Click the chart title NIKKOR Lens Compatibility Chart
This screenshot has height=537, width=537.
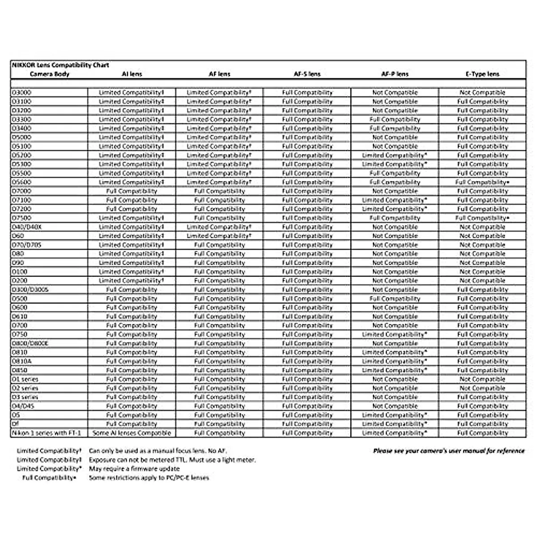[x=60, y=65]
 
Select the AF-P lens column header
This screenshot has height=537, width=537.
[x=395, y=74]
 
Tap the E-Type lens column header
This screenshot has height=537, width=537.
[x=482, y=74]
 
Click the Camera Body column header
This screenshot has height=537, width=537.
[x=49, y=74]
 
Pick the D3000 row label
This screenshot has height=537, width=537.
[x=22, y=93]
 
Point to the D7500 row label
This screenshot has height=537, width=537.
[x=22, y=218]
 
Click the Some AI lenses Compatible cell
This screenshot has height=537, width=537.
[x=132, y=433]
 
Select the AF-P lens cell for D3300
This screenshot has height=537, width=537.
[x=395, y=119]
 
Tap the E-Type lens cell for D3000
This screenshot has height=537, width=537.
[x=482, y=93]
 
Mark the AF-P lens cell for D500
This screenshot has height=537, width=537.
[x=395, y=298]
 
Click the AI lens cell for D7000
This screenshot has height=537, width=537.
[x=132, y=191]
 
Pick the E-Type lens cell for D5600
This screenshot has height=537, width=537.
[x=482, y=182]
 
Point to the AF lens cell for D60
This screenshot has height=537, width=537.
[x=219, y=236]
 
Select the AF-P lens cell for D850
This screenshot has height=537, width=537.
[x=395, y=370]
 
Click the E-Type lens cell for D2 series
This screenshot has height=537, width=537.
[x=482, y=388]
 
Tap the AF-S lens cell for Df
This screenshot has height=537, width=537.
[x=307, y=424]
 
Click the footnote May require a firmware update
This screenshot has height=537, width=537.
[x=134, y=469]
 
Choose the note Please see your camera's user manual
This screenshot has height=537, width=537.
[x=449, y=451]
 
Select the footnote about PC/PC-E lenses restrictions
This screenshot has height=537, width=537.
[x=149, y=478]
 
